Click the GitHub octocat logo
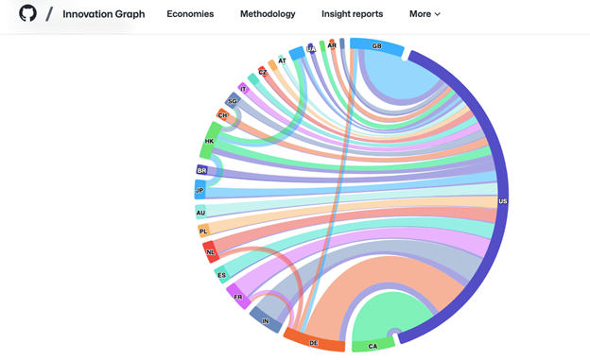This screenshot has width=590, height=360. [27, 13]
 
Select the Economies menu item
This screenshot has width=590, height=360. [190, 14]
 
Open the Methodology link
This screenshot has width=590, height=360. [268, 14]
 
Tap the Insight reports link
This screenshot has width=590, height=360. [352, 14]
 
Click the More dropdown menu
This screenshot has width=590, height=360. [425, 14]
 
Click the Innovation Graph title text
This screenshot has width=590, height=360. [104, 14]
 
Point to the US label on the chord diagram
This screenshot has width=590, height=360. [502, 201]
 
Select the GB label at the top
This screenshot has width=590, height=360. [376, 46]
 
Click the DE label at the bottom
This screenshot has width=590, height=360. [314, 343]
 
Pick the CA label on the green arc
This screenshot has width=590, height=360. [373, 347]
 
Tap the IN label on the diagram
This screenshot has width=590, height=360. [265, 321]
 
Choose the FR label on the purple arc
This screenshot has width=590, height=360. [238, 298]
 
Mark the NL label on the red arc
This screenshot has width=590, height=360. [211, 252]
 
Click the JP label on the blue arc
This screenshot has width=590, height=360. [200, 191]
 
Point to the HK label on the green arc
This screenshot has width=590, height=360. [209, 142]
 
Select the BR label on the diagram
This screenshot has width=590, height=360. [201, 171]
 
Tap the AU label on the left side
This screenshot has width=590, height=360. [200, 213]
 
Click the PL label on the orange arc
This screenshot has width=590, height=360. [203, 231]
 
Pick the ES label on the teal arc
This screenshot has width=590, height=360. [222, 276]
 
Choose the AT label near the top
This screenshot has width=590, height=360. [282, 60]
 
